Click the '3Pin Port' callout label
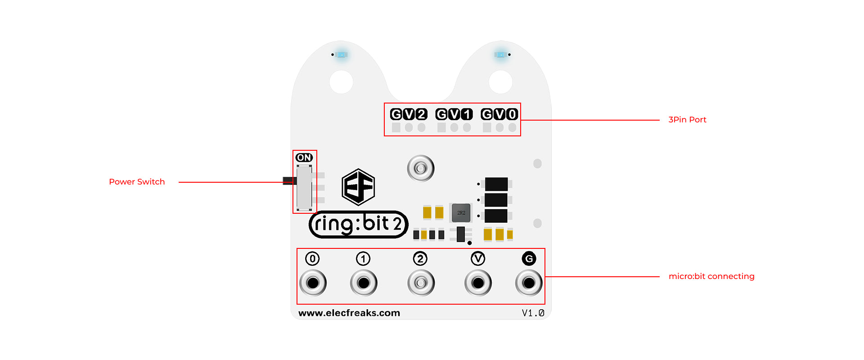tap(687, 120)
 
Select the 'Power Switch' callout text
tap(137, 182)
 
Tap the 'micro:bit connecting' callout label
tap(711, 276)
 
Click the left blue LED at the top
tap(342, 55)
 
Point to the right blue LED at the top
tap(500, 55)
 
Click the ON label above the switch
tap(304, 157)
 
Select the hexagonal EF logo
tap(358, 187)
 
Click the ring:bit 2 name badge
tap(358, 224)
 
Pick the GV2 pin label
tap(409, 114)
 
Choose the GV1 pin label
tap(454, 114)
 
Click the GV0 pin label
tap(499, 114)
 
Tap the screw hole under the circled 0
tap(313, 283)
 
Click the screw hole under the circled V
tap(478, 283)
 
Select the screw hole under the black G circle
tap(529, 283)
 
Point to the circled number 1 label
tap(363, 259)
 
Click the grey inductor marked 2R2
tap(461, 212)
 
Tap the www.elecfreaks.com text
tap(349, 313)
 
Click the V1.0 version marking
tap(533, 313)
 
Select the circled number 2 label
tap(420, 259)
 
